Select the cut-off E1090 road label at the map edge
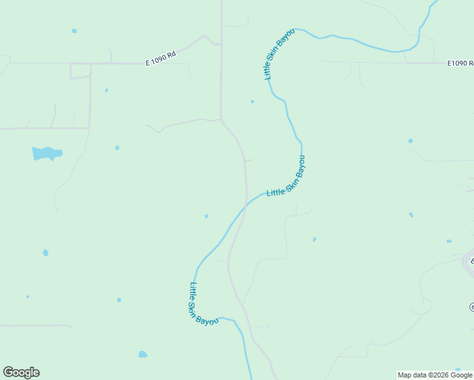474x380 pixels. (x=460, y=63)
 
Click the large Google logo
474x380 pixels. (x=21, y=372)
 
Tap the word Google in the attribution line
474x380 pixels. (x=462, y=375)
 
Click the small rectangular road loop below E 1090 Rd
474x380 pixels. (x=80, y=70)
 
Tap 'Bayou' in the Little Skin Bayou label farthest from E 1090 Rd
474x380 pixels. (x=208, y=319)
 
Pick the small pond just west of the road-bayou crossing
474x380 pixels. (x=206, y=216)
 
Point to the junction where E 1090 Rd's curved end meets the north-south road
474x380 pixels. (x=221, y=45)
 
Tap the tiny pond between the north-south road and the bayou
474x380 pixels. (x=252, y=101)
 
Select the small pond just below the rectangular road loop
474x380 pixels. (x=106, y=91)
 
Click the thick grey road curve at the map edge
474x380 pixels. (x=468, y=262)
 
